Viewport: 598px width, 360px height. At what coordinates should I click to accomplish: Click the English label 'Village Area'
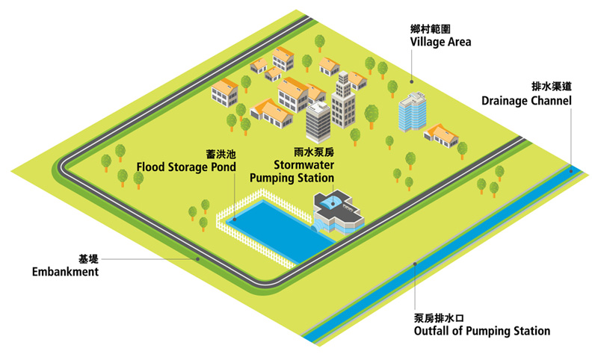pyautogui.click(x=440, y=42)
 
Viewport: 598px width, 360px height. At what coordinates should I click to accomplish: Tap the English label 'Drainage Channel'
pyautogui.click(x=526, y=100)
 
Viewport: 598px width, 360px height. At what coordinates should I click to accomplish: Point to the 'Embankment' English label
pyautogui.click(x=66, y=272)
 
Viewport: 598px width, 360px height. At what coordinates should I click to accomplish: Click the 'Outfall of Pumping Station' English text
pyautogui.click(x=481, y=331)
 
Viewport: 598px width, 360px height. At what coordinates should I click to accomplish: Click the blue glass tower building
pyautogui.click(x=411, y=113)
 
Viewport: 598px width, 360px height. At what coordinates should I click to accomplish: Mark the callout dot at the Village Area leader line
pyautogui.click(x=410, y=80)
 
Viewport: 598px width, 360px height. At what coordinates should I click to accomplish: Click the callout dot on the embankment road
pyautogui.click(x=197, y=258)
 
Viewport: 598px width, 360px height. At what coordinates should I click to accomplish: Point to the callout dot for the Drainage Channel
pyautogui.click(x=572, y=171)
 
